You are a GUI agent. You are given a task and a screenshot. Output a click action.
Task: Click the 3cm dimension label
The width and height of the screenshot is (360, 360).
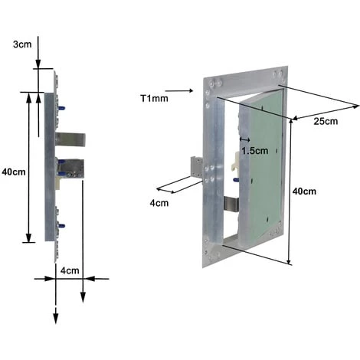coord(22,44)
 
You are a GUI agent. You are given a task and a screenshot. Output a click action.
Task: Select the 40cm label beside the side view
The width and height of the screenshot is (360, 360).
coord(14,172)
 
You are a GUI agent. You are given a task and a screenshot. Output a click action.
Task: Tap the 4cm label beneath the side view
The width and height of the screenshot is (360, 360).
coord(70,270)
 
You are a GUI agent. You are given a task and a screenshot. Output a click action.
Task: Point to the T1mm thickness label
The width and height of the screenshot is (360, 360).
coord(155,98)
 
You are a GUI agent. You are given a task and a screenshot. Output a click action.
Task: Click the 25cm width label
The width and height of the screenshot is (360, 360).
coord(326,121)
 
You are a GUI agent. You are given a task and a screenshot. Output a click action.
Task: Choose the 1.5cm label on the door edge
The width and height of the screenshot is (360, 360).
coord(255,151)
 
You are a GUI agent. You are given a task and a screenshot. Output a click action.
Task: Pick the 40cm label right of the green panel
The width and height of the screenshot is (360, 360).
coord(304,191)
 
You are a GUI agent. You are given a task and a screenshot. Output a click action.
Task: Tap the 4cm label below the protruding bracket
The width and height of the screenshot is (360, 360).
coord(159,203)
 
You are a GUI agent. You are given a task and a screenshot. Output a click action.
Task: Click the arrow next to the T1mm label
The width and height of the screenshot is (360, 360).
coord(179,90)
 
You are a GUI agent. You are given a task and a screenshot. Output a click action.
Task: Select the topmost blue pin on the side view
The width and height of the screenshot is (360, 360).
coord(61,108)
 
